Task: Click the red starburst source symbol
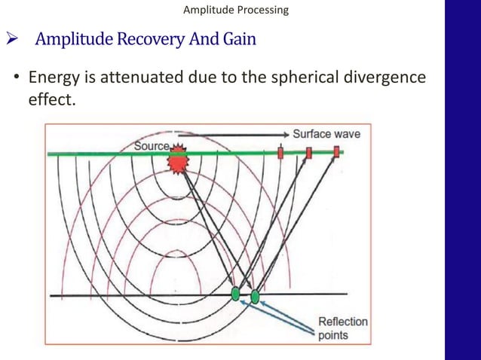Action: coord(178,159)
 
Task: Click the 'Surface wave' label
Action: coord(326,134)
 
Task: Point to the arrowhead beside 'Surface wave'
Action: coord(285,134)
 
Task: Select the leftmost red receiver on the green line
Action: coord(280,153)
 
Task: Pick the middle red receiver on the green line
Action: coord(309,153)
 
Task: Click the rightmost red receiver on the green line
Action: coord(336,153)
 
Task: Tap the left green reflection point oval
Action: coord(236,294)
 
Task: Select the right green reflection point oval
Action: coord(255,296)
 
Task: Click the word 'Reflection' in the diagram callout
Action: coord(342,322)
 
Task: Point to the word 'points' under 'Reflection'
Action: coord(334,335)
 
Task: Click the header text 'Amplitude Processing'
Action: coord(235,10)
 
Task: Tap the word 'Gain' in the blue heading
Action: coord(239,38)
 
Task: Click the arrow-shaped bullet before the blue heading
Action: coord(12,39)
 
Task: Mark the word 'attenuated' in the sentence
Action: coord(134,78)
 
